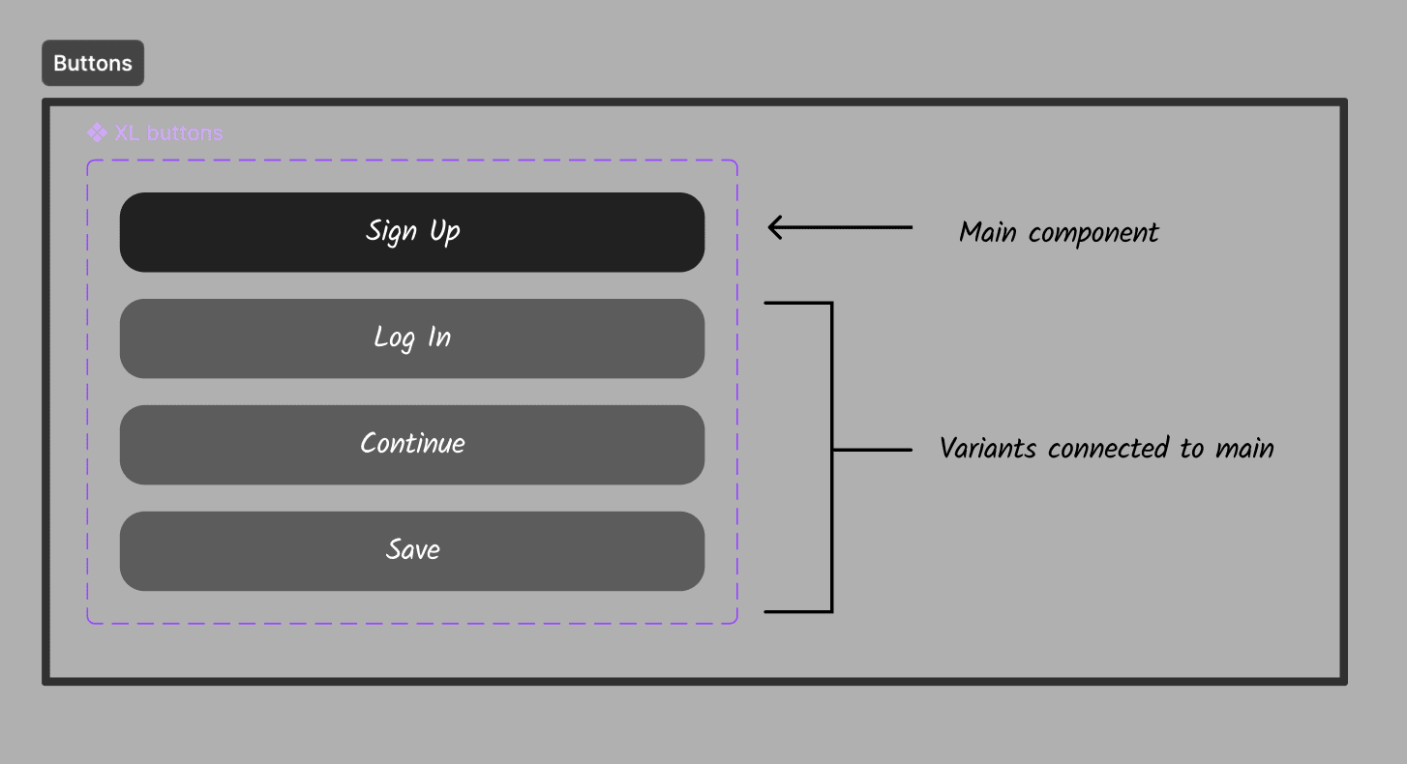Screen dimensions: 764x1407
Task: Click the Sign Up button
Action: click(x=412, y=232)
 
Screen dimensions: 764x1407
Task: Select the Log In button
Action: click(x=412, y=338)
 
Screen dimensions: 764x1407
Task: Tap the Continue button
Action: click(x=412, y=445)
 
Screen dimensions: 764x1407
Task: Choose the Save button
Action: click(x=412, y=551)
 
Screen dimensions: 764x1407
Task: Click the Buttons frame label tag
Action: click(x=93, y=63)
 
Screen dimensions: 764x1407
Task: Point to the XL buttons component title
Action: click(x=168, y=132)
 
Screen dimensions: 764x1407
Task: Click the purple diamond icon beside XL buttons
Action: click(x=97, y=132)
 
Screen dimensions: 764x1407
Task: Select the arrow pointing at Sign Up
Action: click(x=840, y=227)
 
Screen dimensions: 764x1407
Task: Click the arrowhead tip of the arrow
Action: click(x=771, y=227)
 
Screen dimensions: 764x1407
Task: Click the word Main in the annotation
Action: click(x=987, y=233)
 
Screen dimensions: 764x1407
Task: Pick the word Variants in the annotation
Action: click(x=988, y=449)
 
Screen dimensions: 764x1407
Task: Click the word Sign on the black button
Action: click(x=391, y=232)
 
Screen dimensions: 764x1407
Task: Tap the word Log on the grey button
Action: click(x=395, y=338)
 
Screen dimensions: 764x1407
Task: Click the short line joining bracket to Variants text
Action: click(x=872, y=450)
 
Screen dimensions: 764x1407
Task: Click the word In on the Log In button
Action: click(x=439, y=338)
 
